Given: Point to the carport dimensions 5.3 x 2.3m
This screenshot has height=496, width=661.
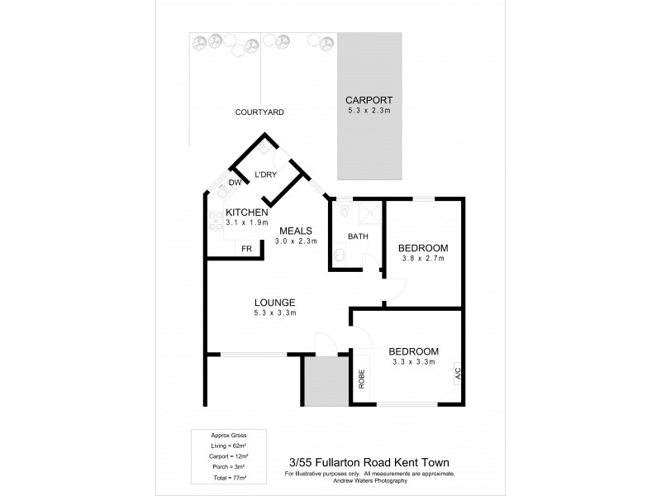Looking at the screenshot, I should click(x=369, y=110).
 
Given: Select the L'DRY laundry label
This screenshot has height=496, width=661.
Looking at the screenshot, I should click(x=265, y=174).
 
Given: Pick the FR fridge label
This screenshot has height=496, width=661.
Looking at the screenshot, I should click(x=246, y=249).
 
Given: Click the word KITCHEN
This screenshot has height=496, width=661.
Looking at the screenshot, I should click(x=247, y=212).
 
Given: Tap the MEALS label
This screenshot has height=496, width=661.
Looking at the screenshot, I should click(x=295, y=231).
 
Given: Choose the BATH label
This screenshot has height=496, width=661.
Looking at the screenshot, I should click(x=358, y=236).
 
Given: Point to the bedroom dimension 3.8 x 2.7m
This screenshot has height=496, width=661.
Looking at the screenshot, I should click(x=422, y=259).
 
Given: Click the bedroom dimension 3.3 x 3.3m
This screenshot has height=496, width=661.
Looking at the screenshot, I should click(x=414, y=361).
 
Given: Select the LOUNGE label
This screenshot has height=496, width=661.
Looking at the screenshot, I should click(x=274, y=302).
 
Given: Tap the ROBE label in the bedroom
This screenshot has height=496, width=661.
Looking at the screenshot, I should click(x=361, y=378).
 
